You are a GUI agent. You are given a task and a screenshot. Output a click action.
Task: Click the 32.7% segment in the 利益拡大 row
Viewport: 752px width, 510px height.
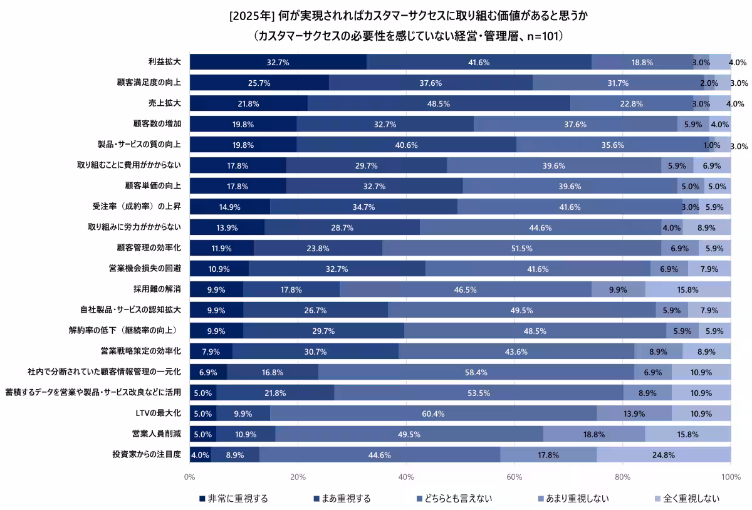pos(278,62)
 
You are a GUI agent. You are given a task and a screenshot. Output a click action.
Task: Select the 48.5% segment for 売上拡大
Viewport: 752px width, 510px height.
pos(439,103)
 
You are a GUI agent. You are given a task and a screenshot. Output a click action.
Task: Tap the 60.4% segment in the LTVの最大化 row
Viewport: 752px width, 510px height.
pos(433,414)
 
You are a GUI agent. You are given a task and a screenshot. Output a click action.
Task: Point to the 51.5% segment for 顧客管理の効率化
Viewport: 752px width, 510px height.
pos(521,248)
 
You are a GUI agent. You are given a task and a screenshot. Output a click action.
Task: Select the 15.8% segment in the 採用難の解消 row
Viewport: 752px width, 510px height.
pos(687,289)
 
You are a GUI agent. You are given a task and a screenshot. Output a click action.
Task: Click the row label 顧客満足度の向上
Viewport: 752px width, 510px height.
pos(149,83)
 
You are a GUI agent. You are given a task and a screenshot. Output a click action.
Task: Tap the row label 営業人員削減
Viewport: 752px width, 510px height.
pos(157,434)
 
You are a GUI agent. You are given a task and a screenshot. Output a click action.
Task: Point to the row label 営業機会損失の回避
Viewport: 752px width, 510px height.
pos(145,269)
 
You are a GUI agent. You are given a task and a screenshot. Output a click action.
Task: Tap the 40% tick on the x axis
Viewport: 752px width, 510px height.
pos(406,477)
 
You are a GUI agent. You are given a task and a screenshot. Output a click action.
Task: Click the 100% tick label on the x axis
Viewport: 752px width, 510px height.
pos(731,477)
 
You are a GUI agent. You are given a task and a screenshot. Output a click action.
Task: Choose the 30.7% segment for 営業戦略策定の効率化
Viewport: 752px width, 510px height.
pos(315,351)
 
